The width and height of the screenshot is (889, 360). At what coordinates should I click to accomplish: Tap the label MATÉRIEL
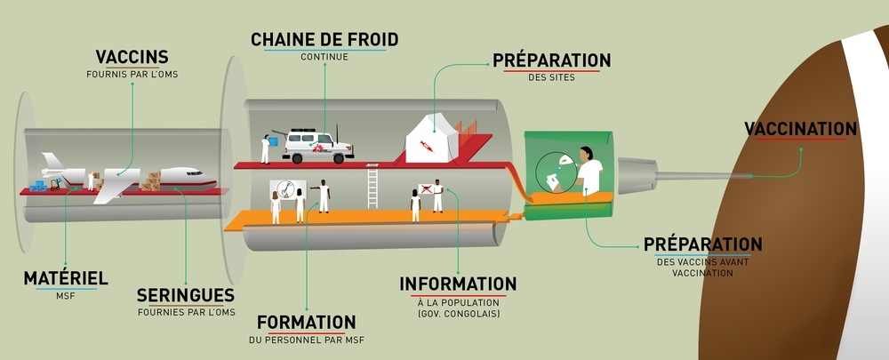tap(66, 278)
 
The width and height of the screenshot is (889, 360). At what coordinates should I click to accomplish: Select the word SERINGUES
tap(186, 295)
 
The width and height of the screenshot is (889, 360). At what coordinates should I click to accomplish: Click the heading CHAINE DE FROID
tap(324, 39)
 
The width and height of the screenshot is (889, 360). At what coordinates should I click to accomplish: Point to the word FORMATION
tap(306, 322)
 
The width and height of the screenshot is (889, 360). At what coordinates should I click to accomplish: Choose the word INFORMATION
tap(458, 284)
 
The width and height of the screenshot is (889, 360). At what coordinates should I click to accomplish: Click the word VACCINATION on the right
tap(800, 129)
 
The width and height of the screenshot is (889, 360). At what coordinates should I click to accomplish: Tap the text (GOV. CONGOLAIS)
tap(459, 315)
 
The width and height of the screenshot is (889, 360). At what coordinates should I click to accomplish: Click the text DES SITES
tap(551, 77)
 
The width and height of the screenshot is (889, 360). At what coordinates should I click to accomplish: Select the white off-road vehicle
tap(317, 146)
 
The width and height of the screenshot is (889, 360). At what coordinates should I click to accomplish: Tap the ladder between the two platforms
tap(372, 188)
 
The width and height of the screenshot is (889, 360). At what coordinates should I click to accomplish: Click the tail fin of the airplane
tap(53, 163)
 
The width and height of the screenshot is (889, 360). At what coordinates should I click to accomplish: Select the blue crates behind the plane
tap(39, 187)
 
